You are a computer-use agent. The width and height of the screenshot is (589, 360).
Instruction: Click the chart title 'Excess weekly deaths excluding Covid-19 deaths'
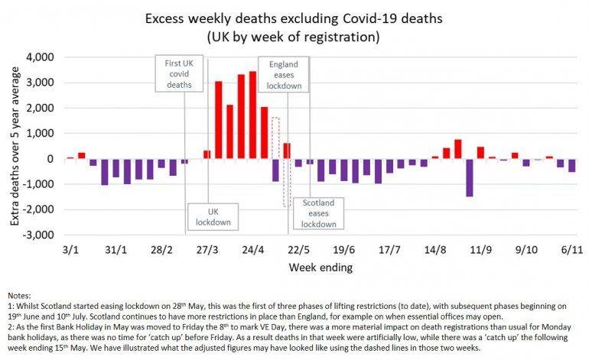(294, 16)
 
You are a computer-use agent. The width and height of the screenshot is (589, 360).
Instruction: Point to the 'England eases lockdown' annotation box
(282, 75)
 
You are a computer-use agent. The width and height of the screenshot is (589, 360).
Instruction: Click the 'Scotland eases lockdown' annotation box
(318, 213)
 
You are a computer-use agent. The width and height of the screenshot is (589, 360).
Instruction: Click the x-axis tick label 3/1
(70, 250)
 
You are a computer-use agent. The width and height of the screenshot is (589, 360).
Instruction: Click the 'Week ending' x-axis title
(320, 268)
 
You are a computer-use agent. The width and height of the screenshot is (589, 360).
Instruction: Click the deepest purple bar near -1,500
(469, 178)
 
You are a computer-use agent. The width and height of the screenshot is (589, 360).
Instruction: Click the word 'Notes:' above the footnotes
(21, 295)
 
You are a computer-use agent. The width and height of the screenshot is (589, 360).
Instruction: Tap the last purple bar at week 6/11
(571, 165)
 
